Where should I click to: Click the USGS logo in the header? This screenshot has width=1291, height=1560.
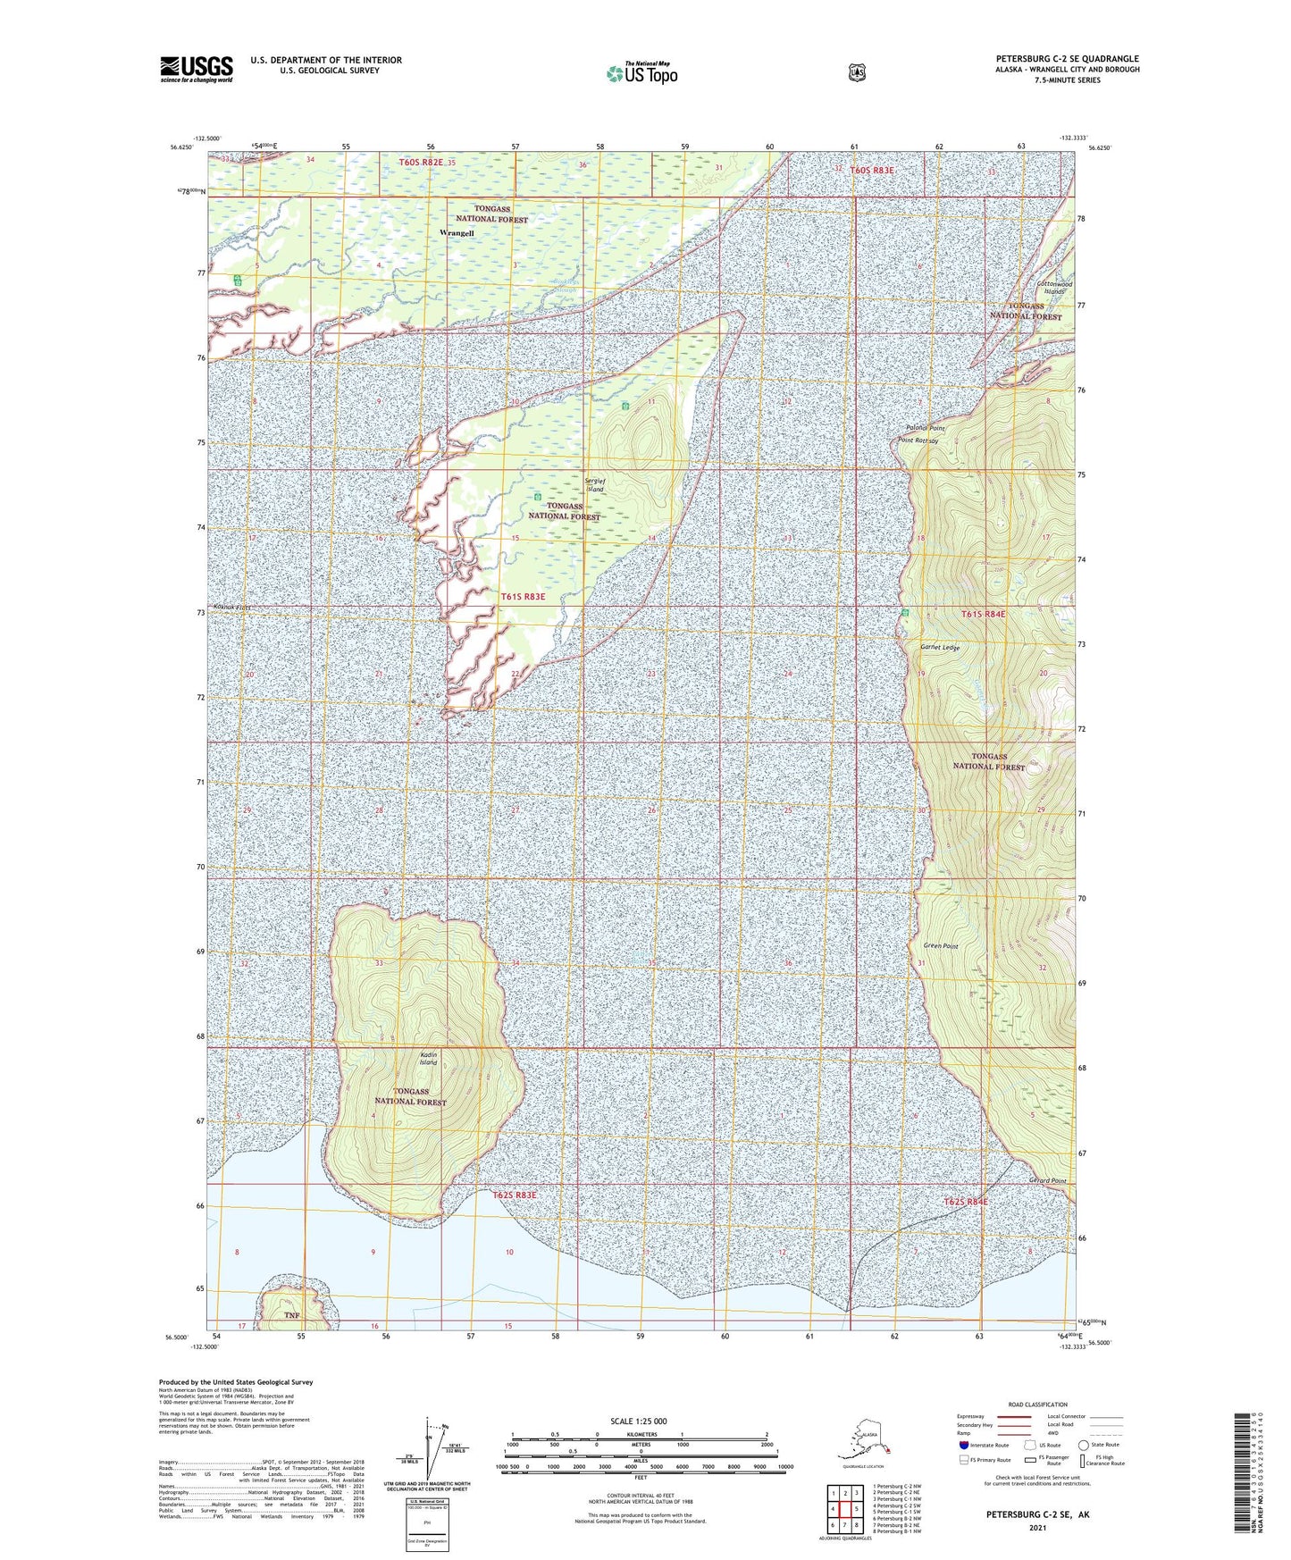pos(197,69)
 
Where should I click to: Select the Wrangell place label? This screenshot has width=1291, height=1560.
pos(457,233)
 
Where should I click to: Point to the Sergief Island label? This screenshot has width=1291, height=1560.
pos(595,485)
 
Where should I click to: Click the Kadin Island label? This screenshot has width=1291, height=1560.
pos(429,1059)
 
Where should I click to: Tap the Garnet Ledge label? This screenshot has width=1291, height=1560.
pos(940,647)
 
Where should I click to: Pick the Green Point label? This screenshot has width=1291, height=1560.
pos(940,946)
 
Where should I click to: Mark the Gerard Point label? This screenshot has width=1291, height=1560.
pos(1046,1181)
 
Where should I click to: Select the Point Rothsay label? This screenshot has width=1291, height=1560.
pos(919,440)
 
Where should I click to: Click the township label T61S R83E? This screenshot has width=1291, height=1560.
pos(523,596)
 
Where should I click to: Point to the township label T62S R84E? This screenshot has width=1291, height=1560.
pos(966,1202)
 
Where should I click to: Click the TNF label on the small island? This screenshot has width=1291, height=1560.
pos(291,1315)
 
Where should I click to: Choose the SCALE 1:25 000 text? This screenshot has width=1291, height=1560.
pos(639,1421)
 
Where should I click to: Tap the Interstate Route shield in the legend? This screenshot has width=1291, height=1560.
pos(963,1444)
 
